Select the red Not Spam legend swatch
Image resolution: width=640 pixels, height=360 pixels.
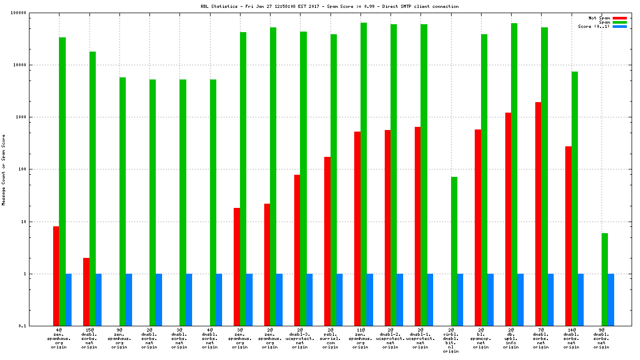coord(619,18)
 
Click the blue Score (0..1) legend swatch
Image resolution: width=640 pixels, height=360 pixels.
coord(619,26)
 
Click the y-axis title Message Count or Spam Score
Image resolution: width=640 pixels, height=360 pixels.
coord(4,169)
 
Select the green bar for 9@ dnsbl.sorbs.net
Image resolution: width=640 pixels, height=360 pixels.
coord(605,279)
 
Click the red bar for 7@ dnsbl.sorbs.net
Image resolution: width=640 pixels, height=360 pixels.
coord(538,214)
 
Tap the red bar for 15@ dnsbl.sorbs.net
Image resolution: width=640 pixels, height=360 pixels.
coord(86,292)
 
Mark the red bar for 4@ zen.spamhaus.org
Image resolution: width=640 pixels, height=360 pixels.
coord(56,276)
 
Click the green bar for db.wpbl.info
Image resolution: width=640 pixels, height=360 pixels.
coord(514,174)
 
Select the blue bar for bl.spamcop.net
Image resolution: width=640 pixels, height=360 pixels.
coord(490,299)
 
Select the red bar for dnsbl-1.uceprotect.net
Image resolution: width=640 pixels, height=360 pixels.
coord(417,226)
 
